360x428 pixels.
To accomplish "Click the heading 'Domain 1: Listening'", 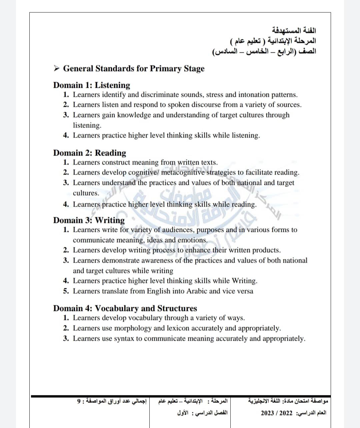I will click(x=92, y=85).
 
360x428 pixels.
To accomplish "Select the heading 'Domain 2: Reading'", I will click(x=90, y=153).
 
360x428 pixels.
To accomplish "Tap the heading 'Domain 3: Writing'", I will click(x=89, y=220).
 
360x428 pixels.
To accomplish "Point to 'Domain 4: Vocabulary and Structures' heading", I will click(x=125, y=308).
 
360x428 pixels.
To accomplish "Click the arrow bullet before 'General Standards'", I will click(x=57, y=69).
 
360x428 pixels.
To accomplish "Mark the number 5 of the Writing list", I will click(x=66, y=291).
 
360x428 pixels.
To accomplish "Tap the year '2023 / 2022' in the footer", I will click(x=276, y=413).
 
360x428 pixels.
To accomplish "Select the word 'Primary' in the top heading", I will click(x=163, y=69).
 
